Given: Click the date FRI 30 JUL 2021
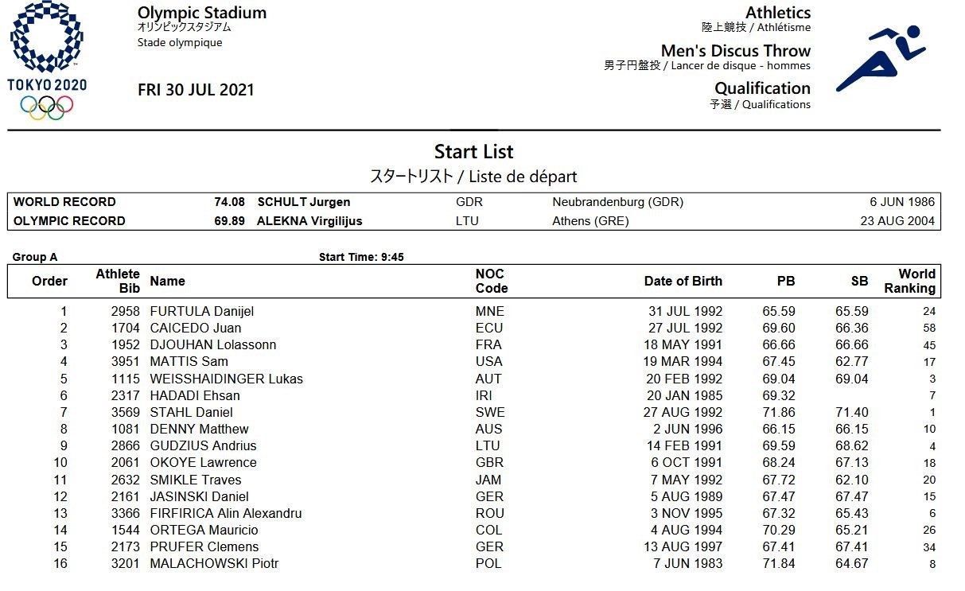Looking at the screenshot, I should pos(196,90).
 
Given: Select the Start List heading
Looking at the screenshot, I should pos(473,152).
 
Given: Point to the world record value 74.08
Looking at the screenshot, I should pos(229,202).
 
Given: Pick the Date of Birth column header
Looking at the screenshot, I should pos(683,281).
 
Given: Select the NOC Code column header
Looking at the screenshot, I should pos(491,281).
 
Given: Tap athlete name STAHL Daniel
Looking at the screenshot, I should pos(191,412).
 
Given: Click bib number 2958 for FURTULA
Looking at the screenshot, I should pos(126,311).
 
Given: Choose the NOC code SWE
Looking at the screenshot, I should pos(489,412).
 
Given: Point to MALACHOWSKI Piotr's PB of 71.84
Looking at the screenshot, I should pos(779,564).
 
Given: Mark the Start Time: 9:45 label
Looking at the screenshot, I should pos(361,257).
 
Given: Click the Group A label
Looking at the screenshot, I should pos(35,257).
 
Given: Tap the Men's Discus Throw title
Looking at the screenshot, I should pos(735,51).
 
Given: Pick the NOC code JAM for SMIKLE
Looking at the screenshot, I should pos(488,480).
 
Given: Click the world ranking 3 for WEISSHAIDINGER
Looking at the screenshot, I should pos(932,379).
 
